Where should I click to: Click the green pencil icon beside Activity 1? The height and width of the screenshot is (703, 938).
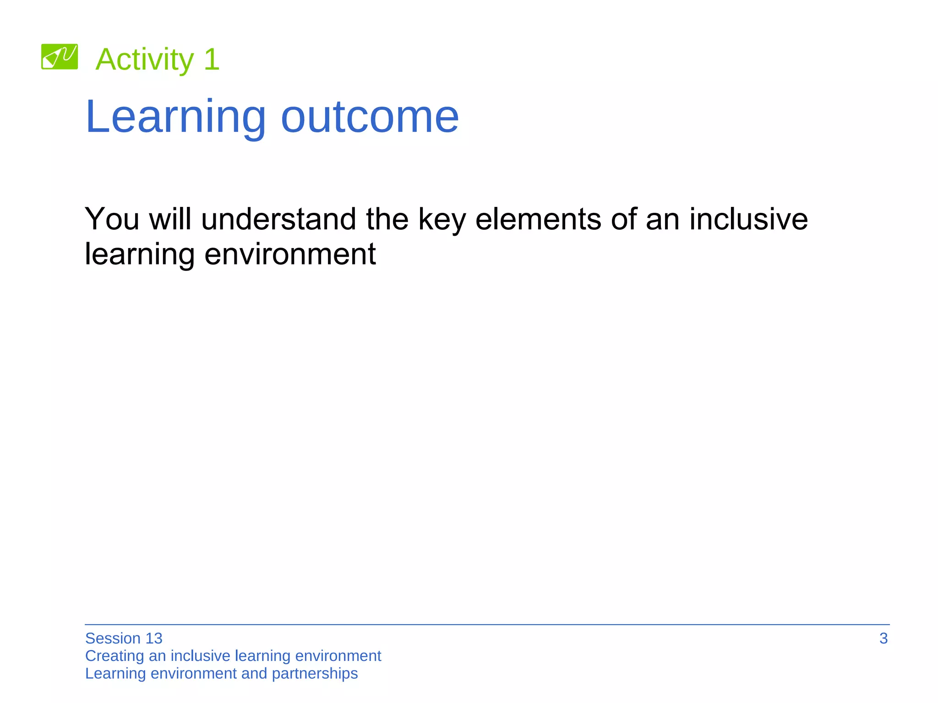(60, 57)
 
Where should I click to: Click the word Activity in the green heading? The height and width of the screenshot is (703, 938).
(145, 59)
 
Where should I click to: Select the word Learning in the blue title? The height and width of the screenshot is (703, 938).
(175, 117)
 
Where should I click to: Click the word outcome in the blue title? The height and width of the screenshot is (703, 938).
(370, 117)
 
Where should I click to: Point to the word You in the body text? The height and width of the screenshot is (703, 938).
(112, 219)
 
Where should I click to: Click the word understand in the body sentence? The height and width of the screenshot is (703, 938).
(278, 219)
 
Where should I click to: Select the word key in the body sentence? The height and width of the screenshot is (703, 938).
(442, 220)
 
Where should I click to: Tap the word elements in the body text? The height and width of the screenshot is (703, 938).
(538, 219)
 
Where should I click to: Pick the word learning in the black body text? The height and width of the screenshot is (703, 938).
(140, 254)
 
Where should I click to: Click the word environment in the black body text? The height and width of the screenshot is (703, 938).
(290, 254)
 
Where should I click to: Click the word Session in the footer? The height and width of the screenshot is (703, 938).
(113, 638)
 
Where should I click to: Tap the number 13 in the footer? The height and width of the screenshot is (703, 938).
(154, 638)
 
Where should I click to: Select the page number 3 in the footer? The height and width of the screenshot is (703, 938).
(883, 638)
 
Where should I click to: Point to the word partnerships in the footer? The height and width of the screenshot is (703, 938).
(315, 674)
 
